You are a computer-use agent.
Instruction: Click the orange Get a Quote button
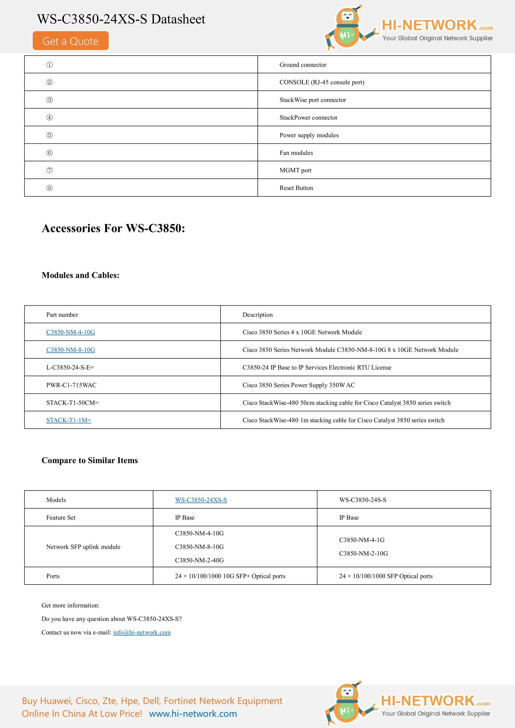pos(70,41)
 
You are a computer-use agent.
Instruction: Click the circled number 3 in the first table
pos(50,100)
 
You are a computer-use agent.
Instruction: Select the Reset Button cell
pos(296,188)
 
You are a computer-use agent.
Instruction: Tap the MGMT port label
pos(295,170)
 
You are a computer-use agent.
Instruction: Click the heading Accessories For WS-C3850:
pos(113,228)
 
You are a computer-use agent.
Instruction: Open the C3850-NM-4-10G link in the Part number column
pos(70,332)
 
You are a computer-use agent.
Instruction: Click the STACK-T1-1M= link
pos(69,420)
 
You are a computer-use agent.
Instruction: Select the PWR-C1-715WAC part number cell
pos(71,385)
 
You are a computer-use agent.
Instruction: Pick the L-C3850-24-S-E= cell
pos(70,367)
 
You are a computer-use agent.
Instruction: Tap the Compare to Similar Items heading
pos(90,460)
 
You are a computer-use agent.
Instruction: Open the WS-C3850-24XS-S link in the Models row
pos(201,500)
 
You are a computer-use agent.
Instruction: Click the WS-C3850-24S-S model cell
pos(362,500)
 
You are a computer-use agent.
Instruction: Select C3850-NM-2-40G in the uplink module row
pos(199,560)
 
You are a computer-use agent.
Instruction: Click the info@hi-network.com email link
pos(142,632)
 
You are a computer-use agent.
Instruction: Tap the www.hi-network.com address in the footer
pos(193,713)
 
